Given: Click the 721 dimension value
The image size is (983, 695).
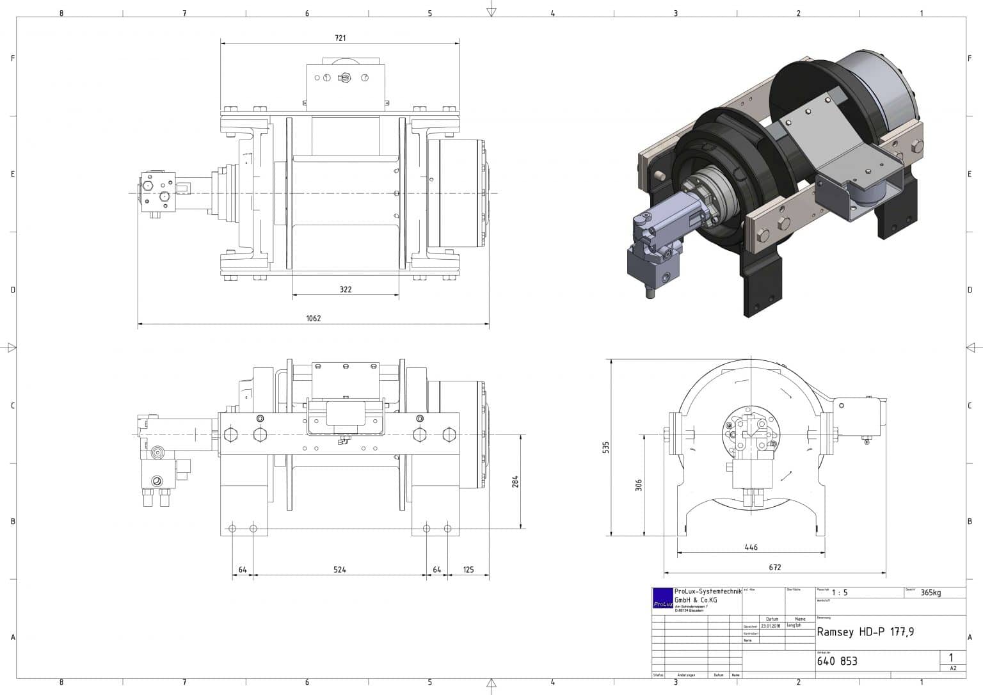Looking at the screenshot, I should pos(340,38).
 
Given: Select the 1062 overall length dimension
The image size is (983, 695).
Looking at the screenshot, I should pos(313,318).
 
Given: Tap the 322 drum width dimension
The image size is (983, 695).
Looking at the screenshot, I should pos(346,289).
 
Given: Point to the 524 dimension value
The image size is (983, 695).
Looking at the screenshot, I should pos(339,570).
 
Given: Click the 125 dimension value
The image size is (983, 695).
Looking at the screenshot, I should pos(468,570).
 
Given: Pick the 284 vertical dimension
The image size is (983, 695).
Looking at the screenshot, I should pos(516,481).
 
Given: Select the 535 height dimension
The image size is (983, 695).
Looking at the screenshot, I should pos(606,447).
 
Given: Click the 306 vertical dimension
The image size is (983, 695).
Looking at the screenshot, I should pos(638,486).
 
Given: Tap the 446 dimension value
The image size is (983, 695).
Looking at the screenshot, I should pos(751,547).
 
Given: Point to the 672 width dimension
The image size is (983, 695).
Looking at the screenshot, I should pos(774,567).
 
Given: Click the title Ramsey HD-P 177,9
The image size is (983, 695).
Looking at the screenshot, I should pos(865,632).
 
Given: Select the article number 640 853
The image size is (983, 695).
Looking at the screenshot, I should pos(837,661).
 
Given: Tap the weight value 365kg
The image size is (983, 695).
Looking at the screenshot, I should pos(931,593).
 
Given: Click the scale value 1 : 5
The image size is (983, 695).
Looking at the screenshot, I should pos(840,593).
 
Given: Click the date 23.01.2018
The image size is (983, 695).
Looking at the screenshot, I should pos(772,626).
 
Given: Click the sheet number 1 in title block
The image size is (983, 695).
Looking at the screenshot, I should pos(951,657).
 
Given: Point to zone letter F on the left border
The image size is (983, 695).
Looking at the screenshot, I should pos(12,58).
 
